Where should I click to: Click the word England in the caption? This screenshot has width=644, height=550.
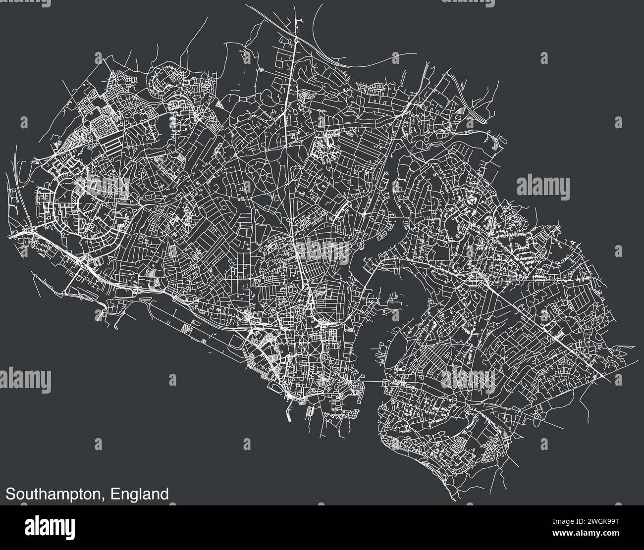[x=139, y=494]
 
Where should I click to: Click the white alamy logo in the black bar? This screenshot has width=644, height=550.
[x=50, y=526]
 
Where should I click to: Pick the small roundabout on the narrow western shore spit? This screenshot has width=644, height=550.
[x=116, y=325]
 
